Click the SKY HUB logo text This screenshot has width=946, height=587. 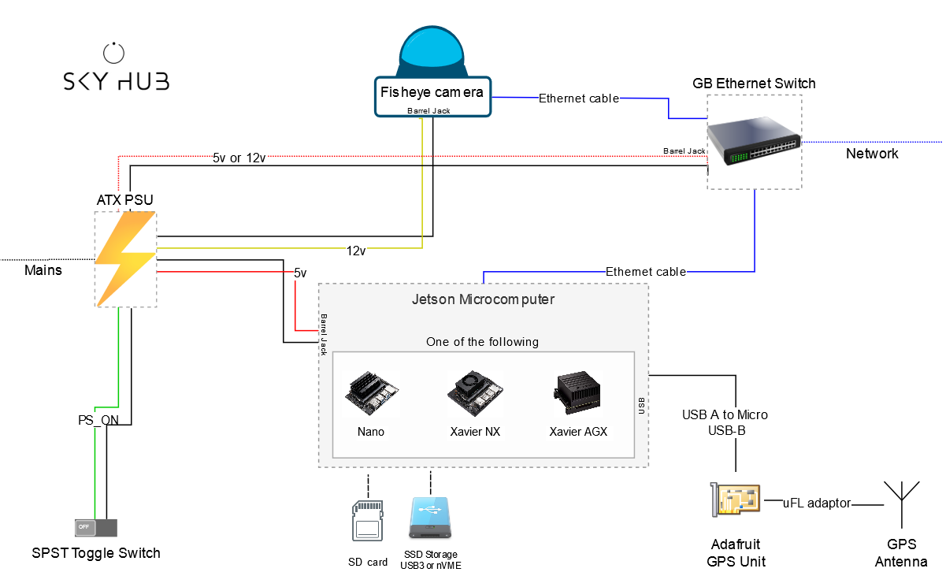tap(116, 80)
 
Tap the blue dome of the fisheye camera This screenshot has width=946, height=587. tap(432, 50)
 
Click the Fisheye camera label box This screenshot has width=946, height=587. tap(432, 96)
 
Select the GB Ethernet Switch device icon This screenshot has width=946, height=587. tap(754, 140)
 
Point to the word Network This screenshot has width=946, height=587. tap(872, 154)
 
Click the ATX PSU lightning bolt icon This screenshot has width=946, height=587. tap(125, 258)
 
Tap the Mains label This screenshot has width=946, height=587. tap(43, 269)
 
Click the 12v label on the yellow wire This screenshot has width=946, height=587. tap(356, 251)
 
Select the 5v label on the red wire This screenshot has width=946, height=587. tap(300, 273)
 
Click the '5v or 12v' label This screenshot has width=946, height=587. tap(239, 158)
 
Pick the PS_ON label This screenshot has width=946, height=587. tap(98, 420)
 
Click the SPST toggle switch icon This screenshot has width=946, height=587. tap(96, 527)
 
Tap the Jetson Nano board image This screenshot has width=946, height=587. tap(371, 393)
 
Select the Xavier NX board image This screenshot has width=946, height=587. tap(475, 393)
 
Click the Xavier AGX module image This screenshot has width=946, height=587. tap(577, 392)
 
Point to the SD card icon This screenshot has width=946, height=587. tap(367, 520)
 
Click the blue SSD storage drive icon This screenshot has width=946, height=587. tap(430, 518)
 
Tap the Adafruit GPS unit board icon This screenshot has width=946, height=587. tap(735, 500)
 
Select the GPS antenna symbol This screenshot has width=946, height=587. tap(902, 504)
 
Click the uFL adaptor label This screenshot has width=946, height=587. tap(817, 503)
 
